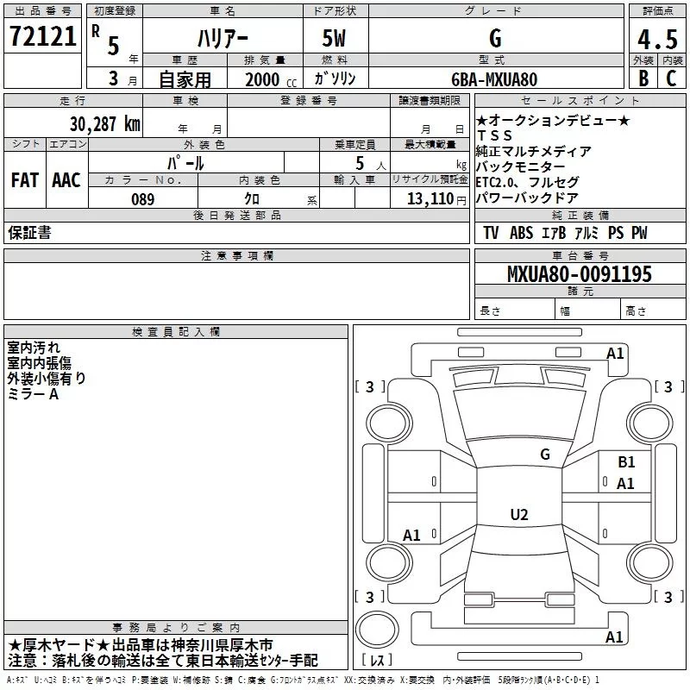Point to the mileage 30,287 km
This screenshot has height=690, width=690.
pyautogui.click(x=104, y=123)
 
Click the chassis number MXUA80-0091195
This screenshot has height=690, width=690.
pyautogui.click(x=579, y=274)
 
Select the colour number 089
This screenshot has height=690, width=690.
pyautogui.click(x=142, y=199)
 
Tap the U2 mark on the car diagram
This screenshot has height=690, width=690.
pyautogui.click(x=518, y=515)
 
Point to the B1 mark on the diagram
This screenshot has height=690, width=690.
pyautogui.click(x=626, y=462)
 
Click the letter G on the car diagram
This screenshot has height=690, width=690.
pyautogui.click(x=545, y=455)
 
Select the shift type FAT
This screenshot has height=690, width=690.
pyautogui.click(x=25, y=180)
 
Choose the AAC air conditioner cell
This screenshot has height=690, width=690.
pyautogui.click(x=66, y=180)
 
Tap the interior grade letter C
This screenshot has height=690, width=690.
pyautogui.click(x=670, y=79)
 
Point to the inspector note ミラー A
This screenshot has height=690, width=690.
pyautogui.click(x=33, y=394)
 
